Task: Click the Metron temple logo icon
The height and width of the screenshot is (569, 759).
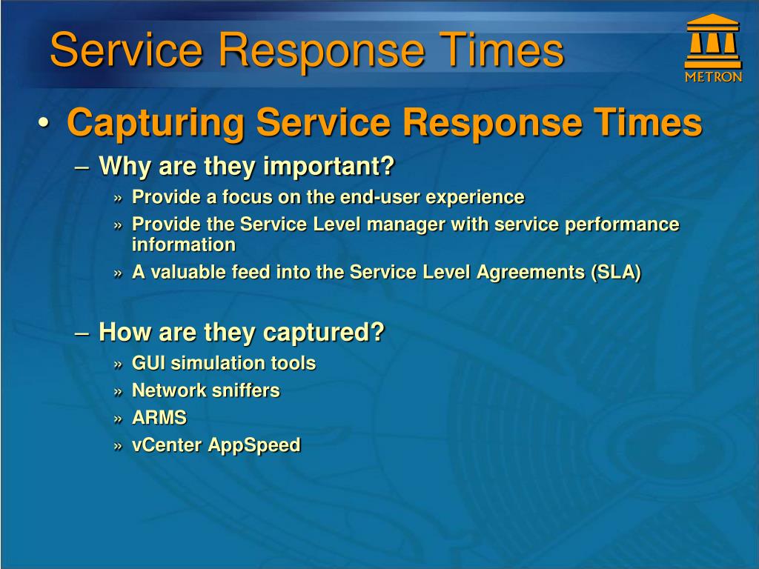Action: click(x=712, y=41)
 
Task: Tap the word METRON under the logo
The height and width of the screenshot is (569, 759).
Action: click(x=713, y=77)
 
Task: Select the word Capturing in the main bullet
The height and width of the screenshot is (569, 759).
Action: click(x=156, y=123)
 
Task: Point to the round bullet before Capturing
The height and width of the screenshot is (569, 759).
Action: click(x=43, y=122)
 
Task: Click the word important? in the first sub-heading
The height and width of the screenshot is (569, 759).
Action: click(x=329, y=167)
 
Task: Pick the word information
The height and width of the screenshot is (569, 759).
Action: click(x=184, y=244)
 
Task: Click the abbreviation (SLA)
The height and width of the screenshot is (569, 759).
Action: click(x=616, y=273)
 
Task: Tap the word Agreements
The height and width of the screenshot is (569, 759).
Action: click(x=531, y=273)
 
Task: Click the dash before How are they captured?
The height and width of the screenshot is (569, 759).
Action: click(x=82, y=334)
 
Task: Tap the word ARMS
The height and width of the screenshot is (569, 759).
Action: click(x=159, y=418)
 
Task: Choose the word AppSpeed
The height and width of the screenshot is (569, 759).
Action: click(x=254, y=445)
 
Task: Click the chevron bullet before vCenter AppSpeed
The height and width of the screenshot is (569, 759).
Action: click(x=119, y=446)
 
